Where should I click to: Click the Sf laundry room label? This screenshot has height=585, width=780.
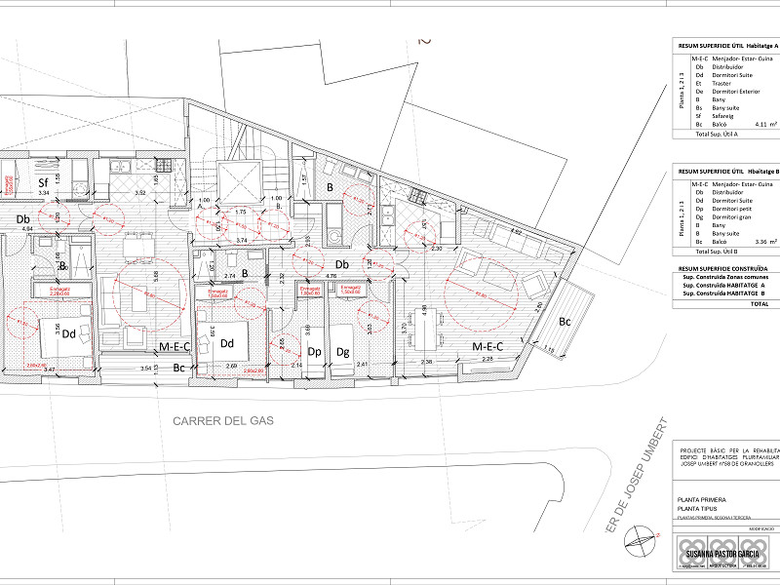[x=43, y=181]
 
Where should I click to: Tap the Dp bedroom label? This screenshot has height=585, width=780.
[x=315, y=351]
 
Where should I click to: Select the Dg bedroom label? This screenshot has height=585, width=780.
[x=343, y=351]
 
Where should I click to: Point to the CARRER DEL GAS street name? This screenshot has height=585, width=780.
[x=223, y=421]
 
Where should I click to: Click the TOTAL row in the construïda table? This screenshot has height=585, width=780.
[x=759, y=303]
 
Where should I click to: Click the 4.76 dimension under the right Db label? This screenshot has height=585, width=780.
[x=331, y=276]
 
